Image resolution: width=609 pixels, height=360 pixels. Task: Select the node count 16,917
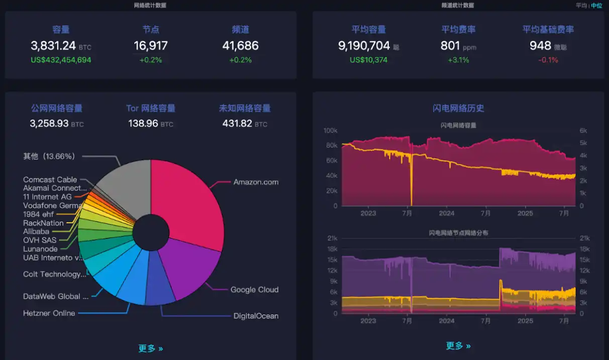[150, 46]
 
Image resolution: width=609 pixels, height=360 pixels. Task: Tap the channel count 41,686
[240, 46]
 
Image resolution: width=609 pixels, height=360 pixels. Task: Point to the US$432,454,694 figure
[61, 60]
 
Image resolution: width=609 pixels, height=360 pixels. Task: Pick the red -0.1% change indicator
[548, 60]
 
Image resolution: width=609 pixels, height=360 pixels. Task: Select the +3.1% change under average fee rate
[458, 60]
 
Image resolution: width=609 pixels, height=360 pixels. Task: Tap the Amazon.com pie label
[256, 182]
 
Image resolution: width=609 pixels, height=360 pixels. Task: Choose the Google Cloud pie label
[254, 290]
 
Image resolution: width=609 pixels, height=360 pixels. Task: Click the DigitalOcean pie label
[256, 316]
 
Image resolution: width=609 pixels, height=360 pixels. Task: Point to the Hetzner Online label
[49, 313]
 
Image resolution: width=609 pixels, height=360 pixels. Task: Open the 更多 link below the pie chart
[151, 348]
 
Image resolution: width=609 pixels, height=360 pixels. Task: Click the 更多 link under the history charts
[458, 346]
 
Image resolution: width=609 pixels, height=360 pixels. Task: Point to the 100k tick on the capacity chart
[330, 131]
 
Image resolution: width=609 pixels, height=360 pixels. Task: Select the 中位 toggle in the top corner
[596, 6]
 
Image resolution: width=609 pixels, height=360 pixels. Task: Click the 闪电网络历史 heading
[458, 108]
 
